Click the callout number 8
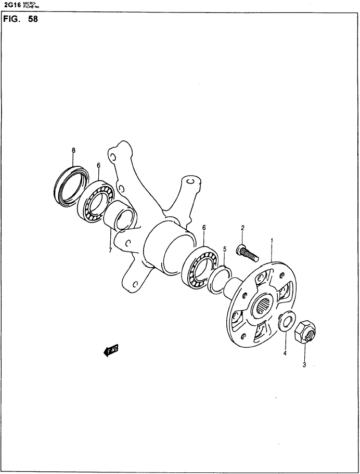(x=73, y=150)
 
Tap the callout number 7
(x=110, y=251)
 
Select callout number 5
(x=225, y=249)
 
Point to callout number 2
(x=242, y=228)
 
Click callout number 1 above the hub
(x=272, y=241)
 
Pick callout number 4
(x=285, y=352)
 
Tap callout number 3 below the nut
(x=304, y=365)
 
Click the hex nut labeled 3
(x=305, y=332)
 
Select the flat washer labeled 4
(x=285, y=321)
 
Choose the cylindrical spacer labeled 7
(x=119, y=217)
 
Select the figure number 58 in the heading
(x=33, y=19)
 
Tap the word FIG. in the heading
(x=11, y=19)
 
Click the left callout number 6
(x=98, y=165)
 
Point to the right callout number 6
(x=204, y=227)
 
